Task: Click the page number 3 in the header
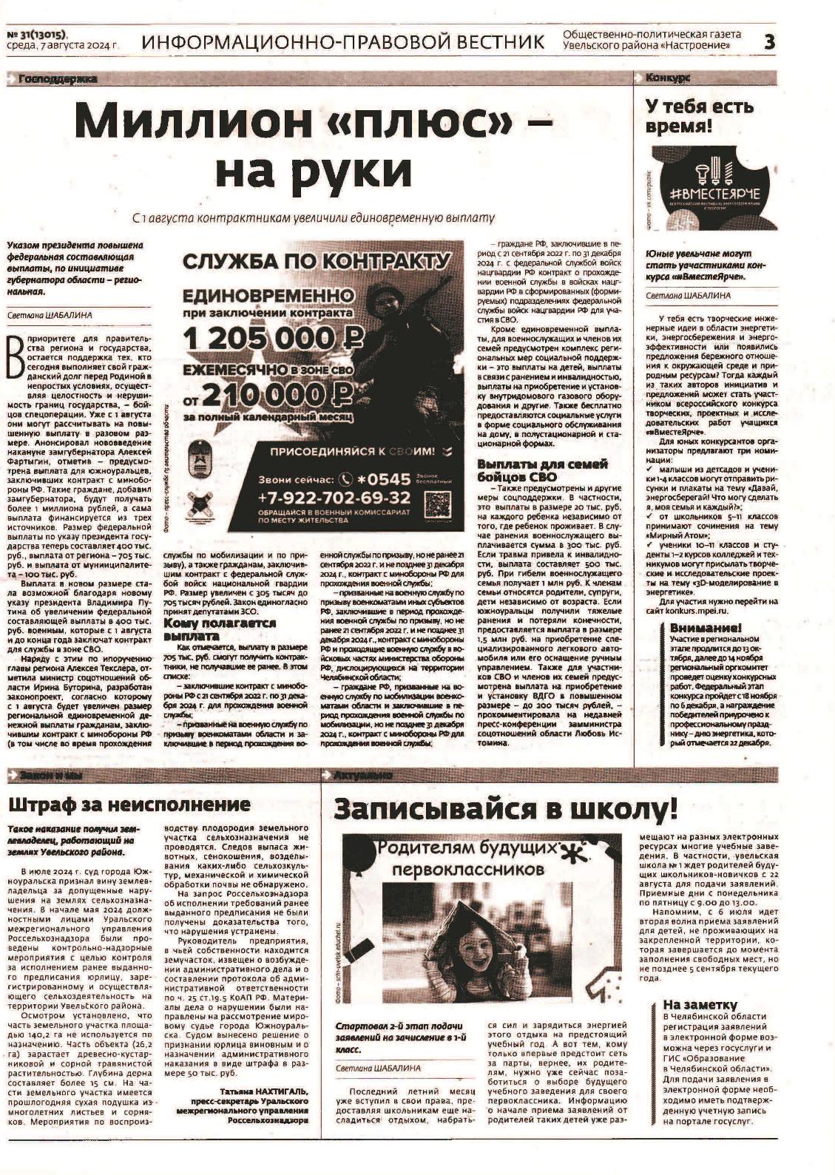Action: [x=769, y=42]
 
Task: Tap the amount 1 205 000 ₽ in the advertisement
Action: [x=274, y=339]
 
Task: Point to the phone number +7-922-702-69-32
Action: [x=334, y=497]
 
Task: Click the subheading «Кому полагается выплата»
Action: [x=219, y=629]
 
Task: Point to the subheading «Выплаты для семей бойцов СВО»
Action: [x=542, y=470]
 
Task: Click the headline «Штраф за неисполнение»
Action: [x=129, y=805]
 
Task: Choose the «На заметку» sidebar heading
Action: [x=700, y=1004]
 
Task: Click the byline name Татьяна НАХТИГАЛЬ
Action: [x=264, y=1091]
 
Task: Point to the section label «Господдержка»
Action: [x=59, y=78]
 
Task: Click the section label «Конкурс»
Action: [x=668, y=78]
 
